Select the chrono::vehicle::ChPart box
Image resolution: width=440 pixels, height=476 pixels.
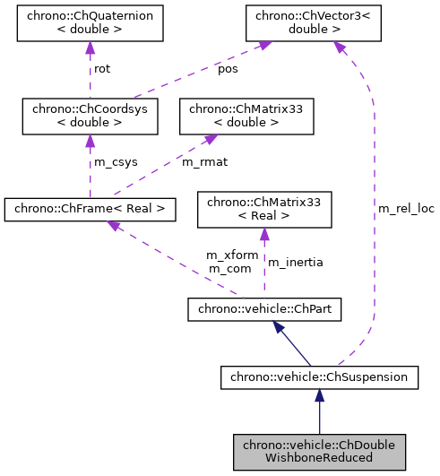click(263, 309)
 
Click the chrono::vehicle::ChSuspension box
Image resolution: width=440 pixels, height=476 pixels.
click(319, 377)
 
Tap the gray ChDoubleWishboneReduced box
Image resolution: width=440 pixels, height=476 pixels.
click(319, 451)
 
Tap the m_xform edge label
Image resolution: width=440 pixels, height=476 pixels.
click(231, 255)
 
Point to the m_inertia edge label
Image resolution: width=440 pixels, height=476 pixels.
click(296, 262)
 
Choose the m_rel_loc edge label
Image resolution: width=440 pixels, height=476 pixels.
click(405, 208)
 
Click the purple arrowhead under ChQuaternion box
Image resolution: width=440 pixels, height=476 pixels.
click(90, 48)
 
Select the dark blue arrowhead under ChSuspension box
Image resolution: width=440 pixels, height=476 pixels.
click(319, 395)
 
